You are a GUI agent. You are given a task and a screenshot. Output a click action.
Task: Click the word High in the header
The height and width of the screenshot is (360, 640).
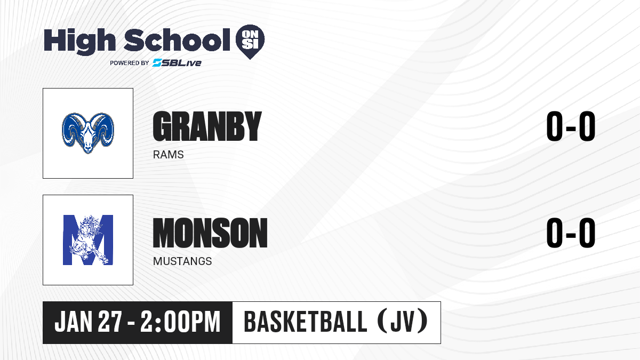click(x=79, y=41)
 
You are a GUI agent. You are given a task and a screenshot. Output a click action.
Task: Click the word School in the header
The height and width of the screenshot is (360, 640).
click(x=177, y=39)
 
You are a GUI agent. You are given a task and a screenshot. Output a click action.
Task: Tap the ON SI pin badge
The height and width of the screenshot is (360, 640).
click(x=250, y=42)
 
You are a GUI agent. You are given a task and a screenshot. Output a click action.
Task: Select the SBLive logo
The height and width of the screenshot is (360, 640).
click(x=177, y=62)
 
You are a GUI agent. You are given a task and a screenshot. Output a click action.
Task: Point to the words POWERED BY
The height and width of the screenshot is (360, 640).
click(x=130, y=63)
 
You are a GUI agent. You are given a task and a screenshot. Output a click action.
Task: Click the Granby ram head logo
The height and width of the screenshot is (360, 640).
click(x=88, y=133)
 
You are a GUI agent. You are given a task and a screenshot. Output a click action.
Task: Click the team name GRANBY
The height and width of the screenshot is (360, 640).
click(x=207, y=126)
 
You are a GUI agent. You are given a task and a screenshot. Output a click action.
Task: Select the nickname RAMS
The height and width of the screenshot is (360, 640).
click(x=169, y=155)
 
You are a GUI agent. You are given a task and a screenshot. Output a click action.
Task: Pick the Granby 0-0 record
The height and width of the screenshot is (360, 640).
click(x=571, y=126)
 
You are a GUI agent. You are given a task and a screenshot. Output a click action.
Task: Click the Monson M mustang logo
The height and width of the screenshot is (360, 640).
click(x=88, y=240)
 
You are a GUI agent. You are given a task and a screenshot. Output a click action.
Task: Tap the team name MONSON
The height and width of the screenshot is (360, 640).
click(x=210, y=233)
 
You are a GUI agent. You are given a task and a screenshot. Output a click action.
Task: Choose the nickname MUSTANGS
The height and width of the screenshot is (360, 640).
click(x=182, y=261)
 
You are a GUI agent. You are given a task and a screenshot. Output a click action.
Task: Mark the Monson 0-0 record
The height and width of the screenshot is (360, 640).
click(x=571, y=233)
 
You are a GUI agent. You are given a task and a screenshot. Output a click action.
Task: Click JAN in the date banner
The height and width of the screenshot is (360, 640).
click(x=74, y=322)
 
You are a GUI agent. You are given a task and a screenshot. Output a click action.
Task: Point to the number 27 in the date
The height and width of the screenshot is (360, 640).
click(x=110, y=322)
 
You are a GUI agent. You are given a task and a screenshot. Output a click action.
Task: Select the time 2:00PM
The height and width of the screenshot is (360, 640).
click(x=181, y=322)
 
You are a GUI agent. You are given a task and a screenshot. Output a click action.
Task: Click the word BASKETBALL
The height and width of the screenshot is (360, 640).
click(x=306, y=322)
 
